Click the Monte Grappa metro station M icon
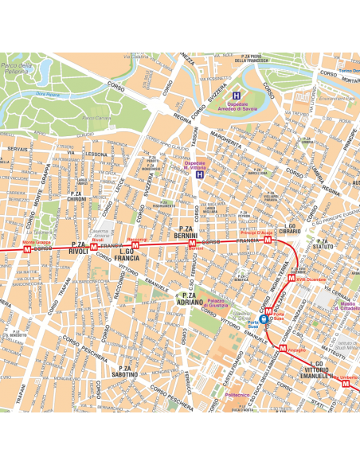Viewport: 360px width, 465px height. coord(28,249)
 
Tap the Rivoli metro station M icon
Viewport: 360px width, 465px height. coord(94,247)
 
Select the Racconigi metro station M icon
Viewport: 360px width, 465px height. coord(135,245)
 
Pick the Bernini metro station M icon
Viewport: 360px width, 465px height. coord(192,244)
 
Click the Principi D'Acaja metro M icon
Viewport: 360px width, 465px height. coord(268,239)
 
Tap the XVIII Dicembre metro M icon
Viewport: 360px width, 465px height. coord(292,279)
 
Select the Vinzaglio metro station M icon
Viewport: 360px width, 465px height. coord(283,347)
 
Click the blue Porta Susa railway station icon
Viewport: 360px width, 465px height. coord(264,319)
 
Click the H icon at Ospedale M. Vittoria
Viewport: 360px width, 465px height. coord(199,174)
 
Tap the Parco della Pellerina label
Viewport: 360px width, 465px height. coord(16,68)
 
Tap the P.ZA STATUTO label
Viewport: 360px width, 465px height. coord(323,244)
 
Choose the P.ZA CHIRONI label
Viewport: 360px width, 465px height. coord(78,196)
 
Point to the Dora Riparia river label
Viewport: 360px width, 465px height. coord(48,95)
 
